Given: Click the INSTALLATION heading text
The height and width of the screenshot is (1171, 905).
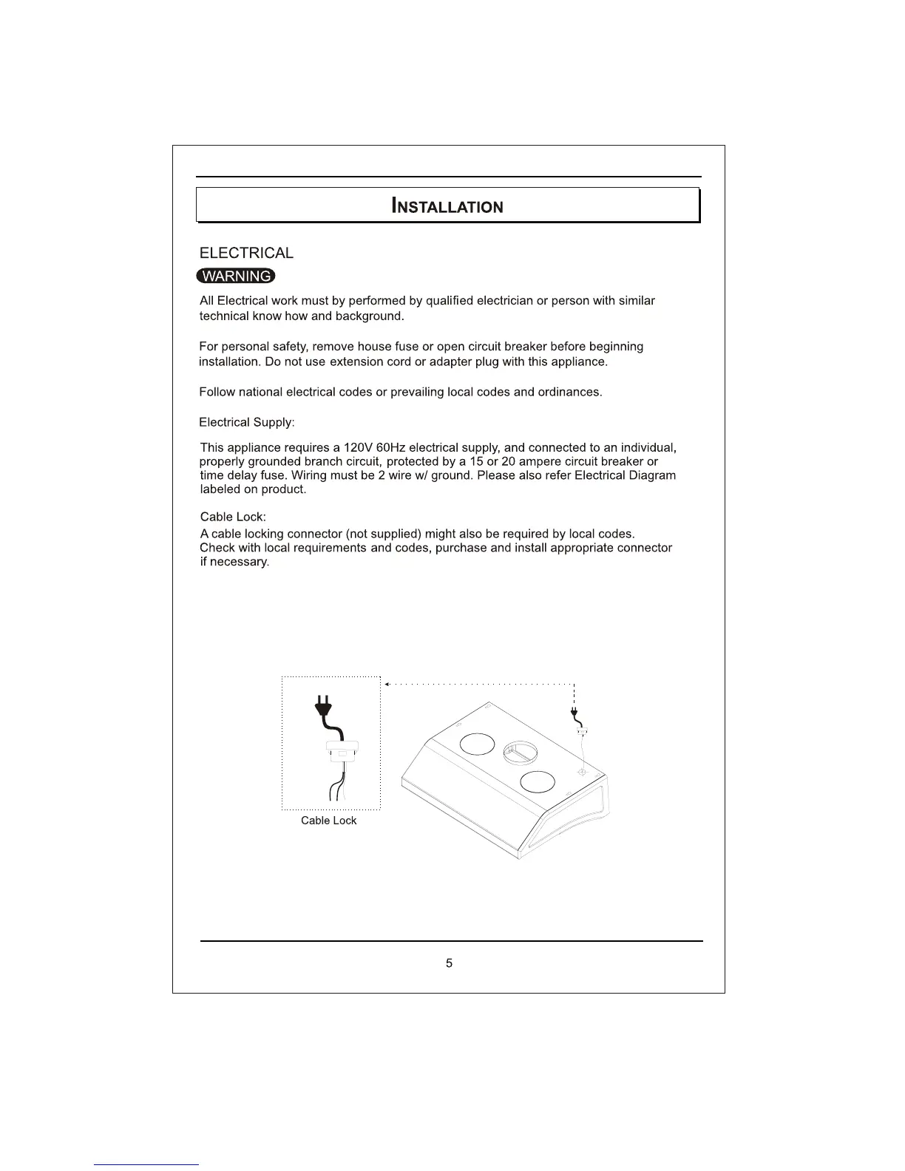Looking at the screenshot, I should tap(447, 206).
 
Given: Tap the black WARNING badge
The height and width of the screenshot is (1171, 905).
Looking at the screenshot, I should tap(236, 276).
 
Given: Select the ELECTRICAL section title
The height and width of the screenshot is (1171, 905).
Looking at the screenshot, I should tap(246, 253).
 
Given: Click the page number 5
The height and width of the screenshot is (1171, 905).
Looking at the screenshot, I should tap(450, 963).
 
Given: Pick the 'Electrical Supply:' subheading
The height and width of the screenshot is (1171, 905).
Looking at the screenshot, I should tap(247, 422).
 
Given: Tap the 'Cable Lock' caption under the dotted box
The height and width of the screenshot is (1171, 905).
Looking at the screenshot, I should tap(328, 821).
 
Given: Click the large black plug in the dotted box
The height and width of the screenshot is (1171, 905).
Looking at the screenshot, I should tap(322, 707).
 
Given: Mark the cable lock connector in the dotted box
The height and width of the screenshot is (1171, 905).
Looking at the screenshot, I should tap(341, 751).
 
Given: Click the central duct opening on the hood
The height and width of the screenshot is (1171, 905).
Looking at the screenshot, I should tap(518, 753).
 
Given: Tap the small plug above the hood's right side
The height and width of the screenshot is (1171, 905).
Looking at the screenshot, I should tap(574, 715).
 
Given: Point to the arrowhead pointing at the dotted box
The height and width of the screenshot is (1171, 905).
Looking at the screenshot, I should tap(387, 685).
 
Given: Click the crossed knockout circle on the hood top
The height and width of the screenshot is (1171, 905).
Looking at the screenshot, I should tap(582, 773).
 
